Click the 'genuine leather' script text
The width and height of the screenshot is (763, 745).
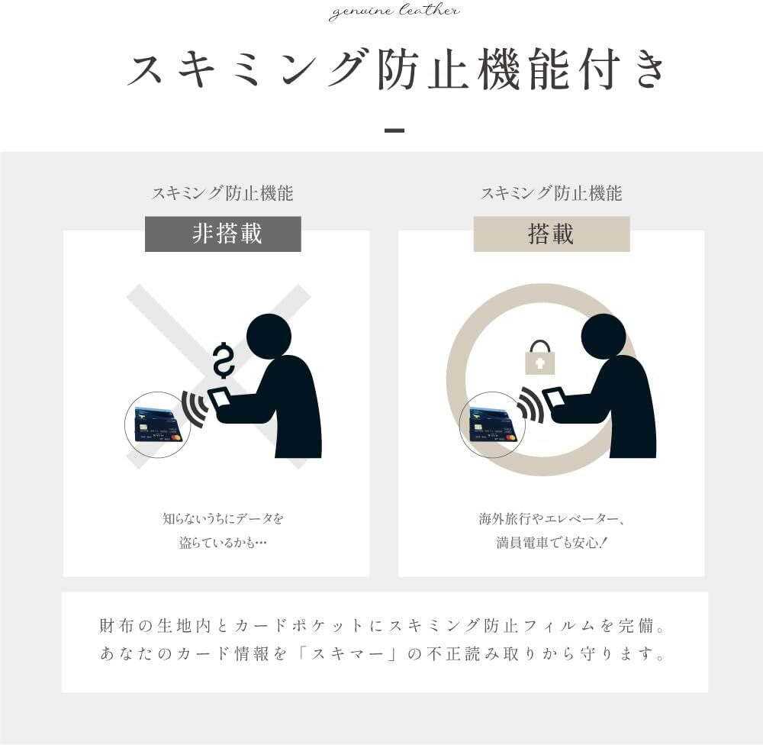[394, 11]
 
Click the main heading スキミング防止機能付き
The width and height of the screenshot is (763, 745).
[396, 69]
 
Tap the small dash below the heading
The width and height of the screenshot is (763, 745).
[394, 131]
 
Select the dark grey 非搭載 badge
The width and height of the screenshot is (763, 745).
[223, 234]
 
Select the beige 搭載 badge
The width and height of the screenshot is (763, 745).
[552, 234]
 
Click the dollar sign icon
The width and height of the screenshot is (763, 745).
[224, 361]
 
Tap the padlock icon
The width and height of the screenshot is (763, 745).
[539, 357]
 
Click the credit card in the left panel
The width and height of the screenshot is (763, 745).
[157, 424]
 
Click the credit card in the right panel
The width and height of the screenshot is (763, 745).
[492, 424]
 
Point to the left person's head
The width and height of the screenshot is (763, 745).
[269, 337]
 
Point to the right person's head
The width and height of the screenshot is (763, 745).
[604, 337]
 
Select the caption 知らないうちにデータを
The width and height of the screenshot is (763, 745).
[223, 518]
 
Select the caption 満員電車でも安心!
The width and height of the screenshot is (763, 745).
[552, 543]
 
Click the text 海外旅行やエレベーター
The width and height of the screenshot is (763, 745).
[548, 519]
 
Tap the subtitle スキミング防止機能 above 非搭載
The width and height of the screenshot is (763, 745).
[223, 193]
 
